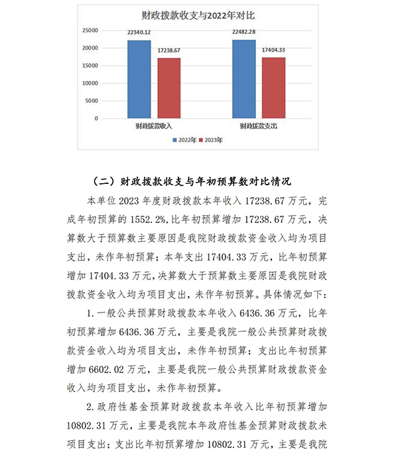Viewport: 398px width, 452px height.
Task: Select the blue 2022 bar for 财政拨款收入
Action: coord(139,79)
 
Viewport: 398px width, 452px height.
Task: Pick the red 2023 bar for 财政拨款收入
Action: coord(168,88)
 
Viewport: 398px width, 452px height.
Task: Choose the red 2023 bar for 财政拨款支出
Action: coord(273,88)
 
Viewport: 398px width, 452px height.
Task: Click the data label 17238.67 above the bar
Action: coord(169,50)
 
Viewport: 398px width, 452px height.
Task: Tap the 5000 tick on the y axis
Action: coord(92,101)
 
